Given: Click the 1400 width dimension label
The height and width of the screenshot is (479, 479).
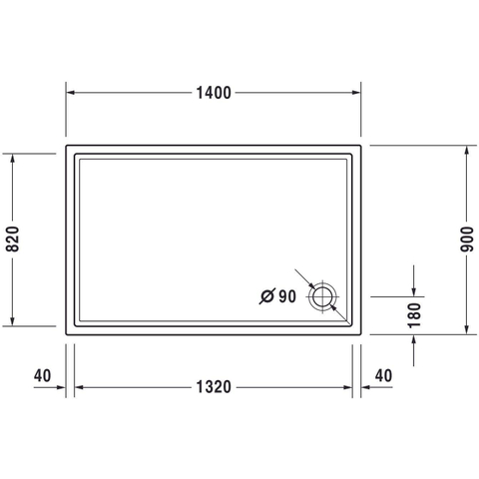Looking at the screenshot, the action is tap(214, 93).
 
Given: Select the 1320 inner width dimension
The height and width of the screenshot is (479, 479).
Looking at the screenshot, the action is tap(214, 387).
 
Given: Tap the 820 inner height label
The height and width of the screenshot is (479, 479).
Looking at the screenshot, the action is tap(13, 239).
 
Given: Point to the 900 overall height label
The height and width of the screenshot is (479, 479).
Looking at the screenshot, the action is tap(466, 239).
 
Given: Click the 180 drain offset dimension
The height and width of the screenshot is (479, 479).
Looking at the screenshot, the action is tap(414, 315).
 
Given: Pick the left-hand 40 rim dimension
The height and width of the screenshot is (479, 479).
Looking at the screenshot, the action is tap(42, 376).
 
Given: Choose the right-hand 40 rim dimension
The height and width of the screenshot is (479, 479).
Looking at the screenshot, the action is tap(383, 376).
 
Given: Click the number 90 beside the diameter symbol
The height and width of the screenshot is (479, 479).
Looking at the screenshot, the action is tap(287, 296).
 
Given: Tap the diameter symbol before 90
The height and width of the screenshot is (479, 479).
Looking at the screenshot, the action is tap(267, 296).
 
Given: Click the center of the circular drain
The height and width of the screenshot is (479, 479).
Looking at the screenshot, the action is tap(322, 296).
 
